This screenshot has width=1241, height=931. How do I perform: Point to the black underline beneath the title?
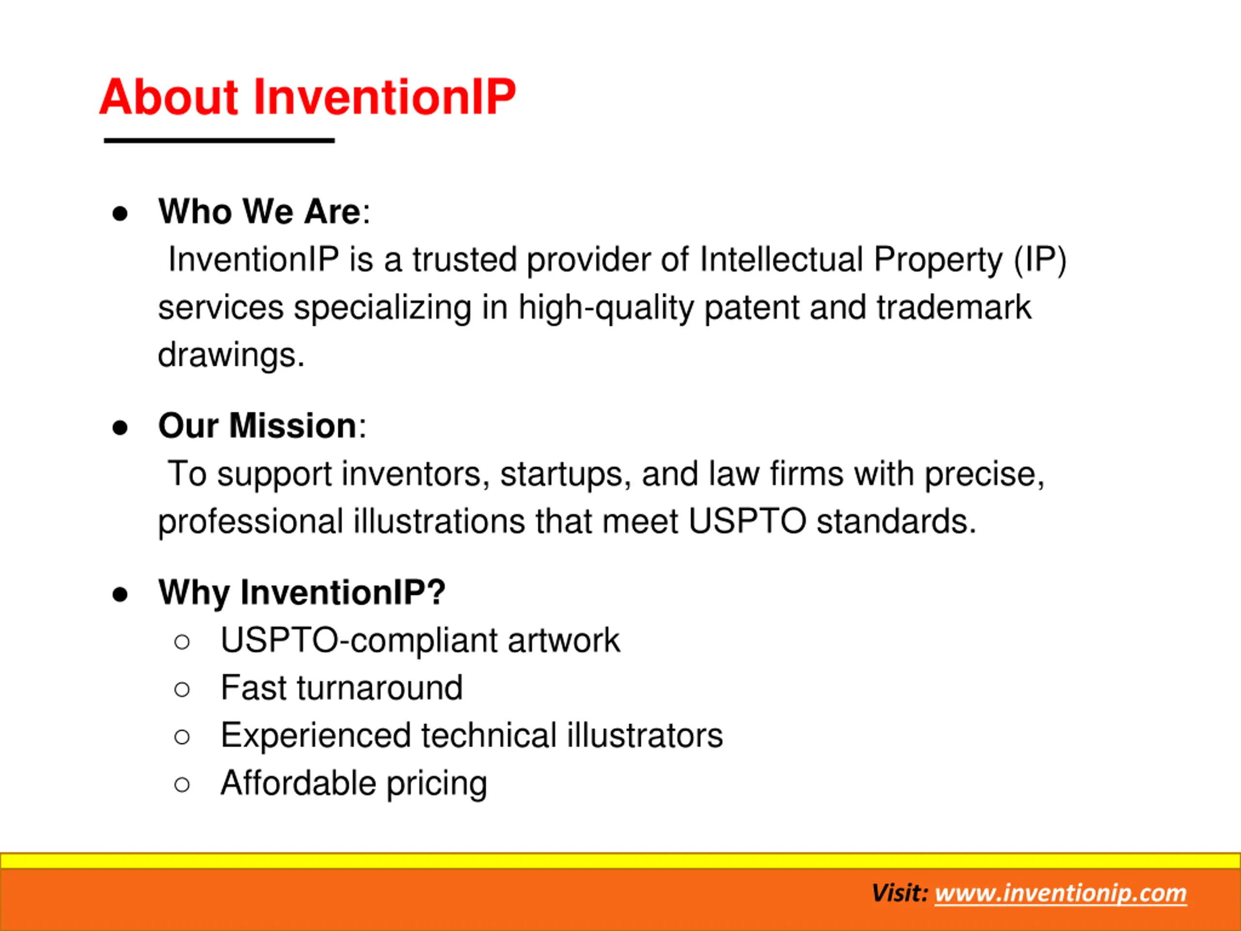(220, 140)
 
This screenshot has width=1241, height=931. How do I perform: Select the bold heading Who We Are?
(259, 211)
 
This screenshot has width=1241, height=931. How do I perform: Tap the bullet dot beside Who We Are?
(120, 214)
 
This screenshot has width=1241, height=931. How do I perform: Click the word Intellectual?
(781, 260)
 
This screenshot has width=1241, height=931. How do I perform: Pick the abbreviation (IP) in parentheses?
(1040, 261)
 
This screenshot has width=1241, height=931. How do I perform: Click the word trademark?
(954, 307)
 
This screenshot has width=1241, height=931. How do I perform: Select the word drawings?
(231, 356)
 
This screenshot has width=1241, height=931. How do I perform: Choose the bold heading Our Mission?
(257, 425)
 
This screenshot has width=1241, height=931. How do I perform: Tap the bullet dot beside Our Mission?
(120, 428)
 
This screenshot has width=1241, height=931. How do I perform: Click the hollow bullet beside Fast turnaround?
(182, 689)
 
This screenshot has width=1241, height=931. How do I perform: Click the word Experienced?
(316, 736)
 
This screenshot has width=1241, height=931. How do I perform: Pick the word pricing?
(437, 784)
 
